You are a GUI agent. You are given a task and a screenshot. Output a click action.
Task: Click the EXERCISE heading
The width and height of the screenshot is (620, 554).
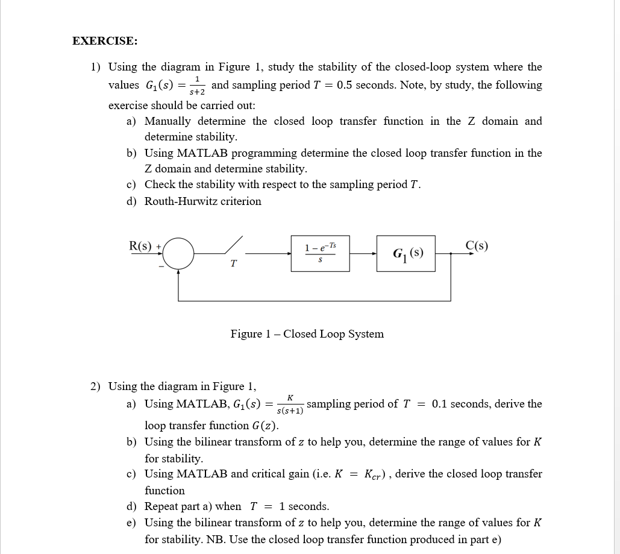coord(104,41)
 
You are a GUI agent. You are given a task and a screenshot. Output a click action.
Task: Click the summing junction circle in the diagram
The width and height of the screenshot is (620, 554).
coord(178,253)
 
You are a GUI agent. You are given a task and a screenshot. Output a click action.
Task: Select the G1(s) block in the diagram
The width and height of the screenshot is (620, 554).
coord(407,253)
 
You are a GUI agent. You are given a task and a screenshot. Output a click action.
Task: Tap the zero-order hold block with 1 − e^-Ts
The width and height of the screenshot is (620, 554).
coord(321,253)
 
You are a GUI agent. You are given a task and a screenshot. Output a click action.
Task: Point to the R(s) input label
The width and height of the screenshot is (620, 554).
coord(141,245)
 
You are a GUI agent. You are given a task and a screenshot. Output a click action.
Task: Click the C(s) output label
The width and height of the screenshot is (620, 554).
coord(477,245)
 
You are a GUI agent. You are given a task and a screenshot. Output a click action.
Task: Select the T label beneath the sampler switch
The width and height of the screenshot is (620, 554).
coord(234,264)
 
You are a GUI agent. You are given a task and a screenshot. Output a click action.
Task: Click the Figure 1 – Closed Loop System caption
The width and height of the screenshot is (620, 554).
coord(307,334)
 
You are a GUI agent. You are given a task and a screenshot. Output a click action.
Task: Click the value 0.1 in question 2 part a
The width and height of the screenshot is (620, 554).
coord(439,404)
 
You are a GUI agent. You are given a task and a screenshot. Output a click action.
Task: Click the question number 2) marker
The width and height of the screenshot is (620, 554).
coord(96,386)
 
